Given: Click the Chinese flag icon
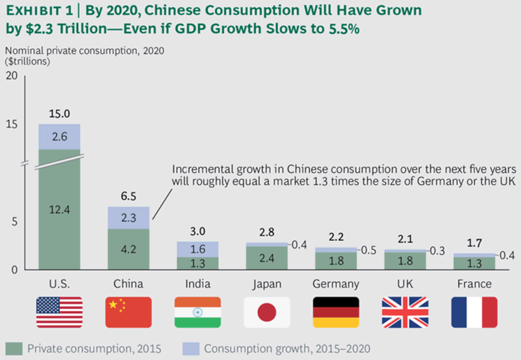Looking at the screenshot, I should pos(128,312).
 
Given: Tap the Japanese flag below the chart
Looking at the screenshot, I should pos(267,312).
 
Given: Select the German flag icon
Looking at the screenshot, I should pos(336,312).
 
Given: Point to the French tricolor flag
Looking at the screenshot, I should pos(474,312).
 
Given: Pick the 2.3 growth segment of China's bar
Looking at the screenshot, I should pos(128,219).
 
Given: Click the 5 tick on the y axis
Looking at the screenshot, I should pos(14,221).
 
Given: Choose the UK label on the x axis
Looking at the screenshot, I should pos(405,284).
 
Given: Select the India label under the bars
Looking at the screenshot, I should pos(197,284).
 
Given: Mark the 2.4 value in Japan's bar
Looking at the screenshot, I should pos(267,258).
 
